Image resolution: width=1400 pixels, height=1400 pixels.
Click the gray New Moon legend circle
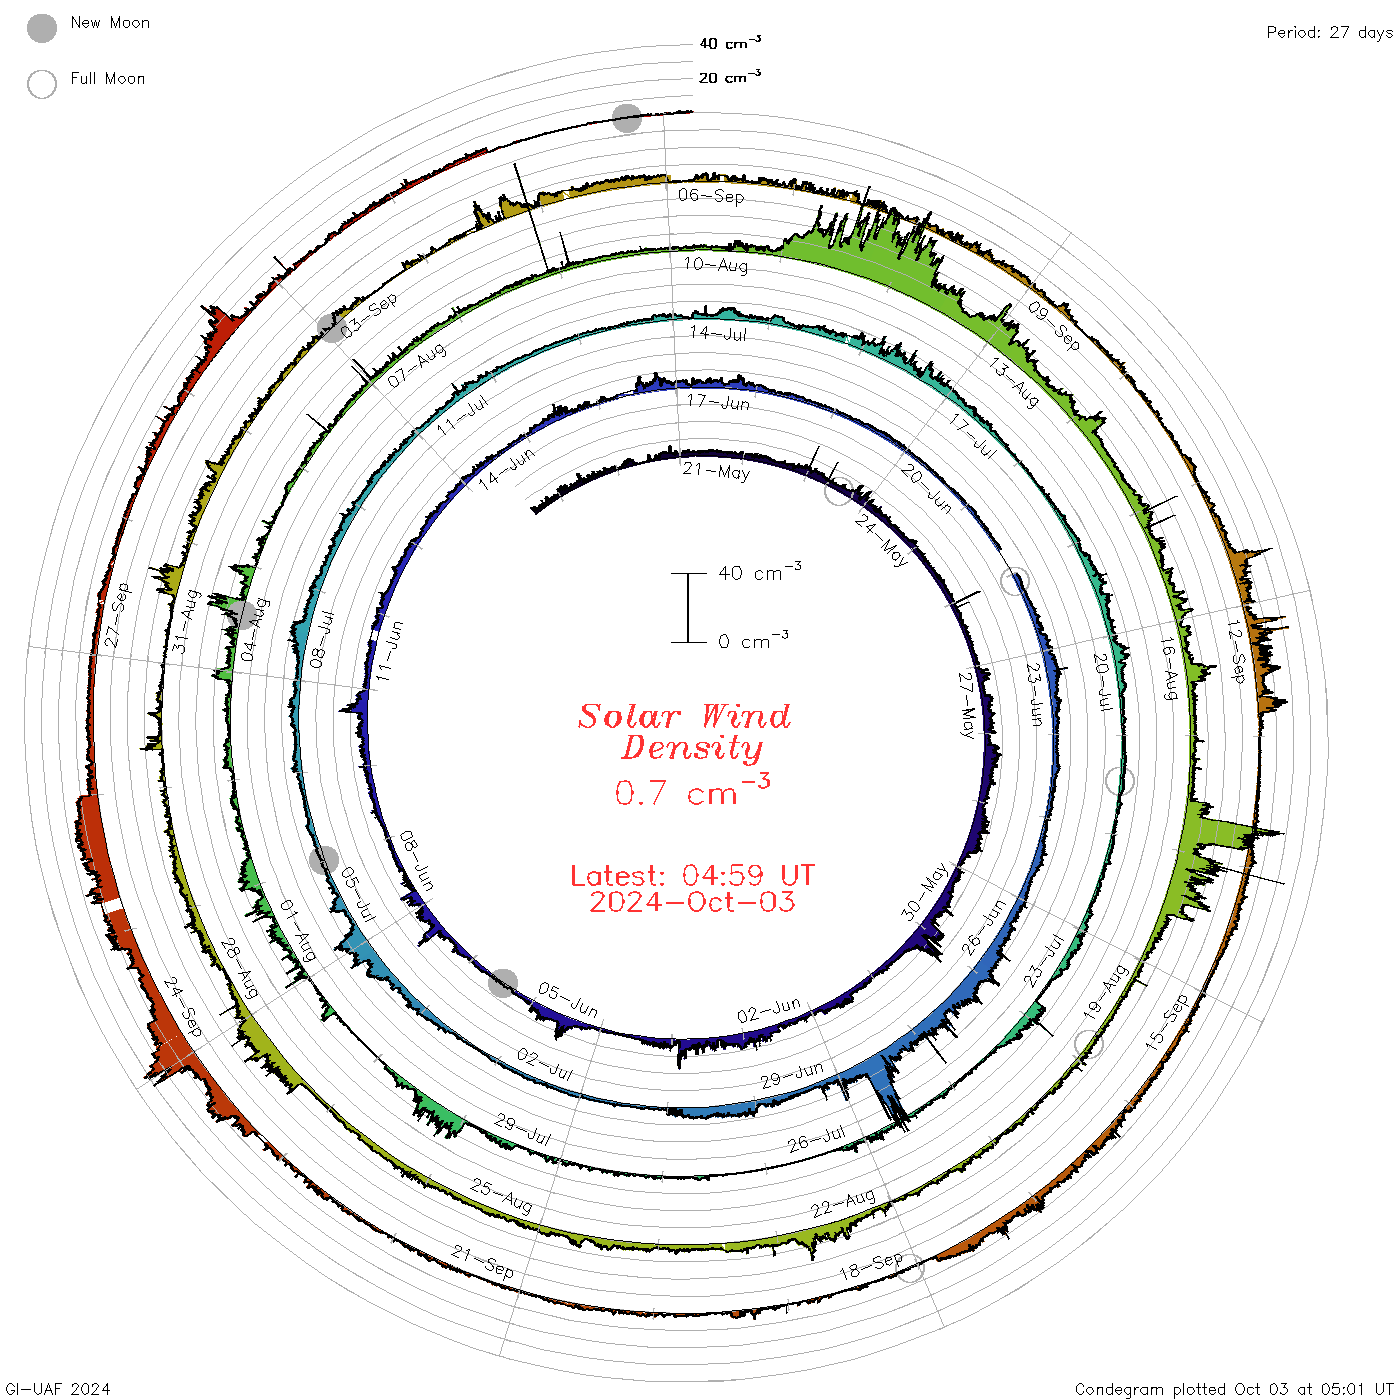click(41, 28)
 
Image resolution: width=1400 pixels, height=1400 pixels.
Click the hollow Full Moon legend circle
click(41, 84)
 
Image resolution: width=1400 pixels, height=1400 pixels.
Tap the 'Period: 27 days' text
click(1329, 32)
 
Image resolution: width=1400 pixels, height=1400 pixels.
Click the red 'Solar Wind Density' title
click(684, 731)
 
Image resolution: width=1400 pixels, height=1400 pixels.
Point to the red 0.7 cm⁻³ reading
click(692, 790)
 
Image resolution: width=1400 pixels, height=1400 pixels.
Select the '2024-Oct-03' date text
click(692, 902)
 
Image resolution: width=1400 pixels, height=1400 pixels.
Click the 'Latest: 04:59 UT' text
click(692, 875)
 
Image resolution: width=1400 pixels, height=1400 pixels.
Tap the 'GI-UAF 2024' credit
click(57, 1388)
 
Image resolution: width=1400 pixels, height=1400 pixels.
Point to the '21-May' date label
click(716, 471)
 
